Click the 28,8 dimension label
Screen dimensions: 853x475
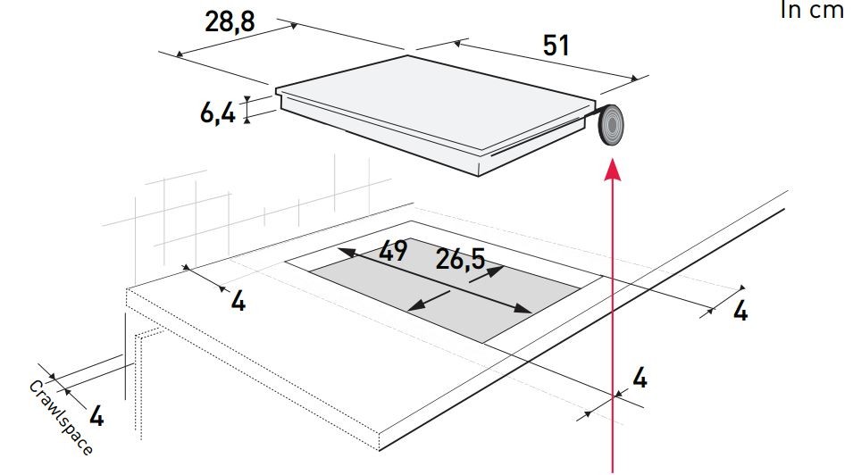click(x=230, y=22)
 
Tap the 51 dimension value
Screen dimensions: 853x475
click(x=556, y=46)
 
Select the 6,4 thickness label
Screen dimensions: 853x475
click(x=218, y=113)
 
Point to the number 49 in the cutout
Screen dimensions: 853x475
click(x=393, y=251)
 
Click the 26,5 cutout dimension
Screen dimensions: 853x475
click(x=460, y=259)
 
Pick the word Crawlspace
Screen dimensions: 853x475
click(x=61, y=417)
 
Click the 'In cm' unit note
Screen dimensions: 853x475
click(x=812, y=10)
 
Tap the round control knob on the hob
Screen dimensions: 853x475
click(x=610, y=125)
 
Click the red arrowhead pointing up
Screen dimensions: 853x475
click(x=613, y=169)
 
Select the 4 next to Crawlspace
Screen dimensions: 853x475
click(x=96, y=416)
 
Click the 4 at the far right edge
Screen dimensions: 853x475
click(x=740, y=311)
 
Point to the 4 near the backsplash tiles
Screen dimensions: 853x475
click(x=238, y=301)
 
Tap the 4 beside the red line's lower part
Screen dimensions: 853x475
click(x=640, y=379)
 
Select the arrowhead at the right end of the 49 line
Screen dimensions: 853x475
click(x=523, y=309)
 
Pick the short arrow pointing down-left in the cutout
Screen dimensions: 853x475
click(x=429, y=301)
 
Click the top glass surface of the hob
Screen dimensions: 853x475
click(x=435, y=102)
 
